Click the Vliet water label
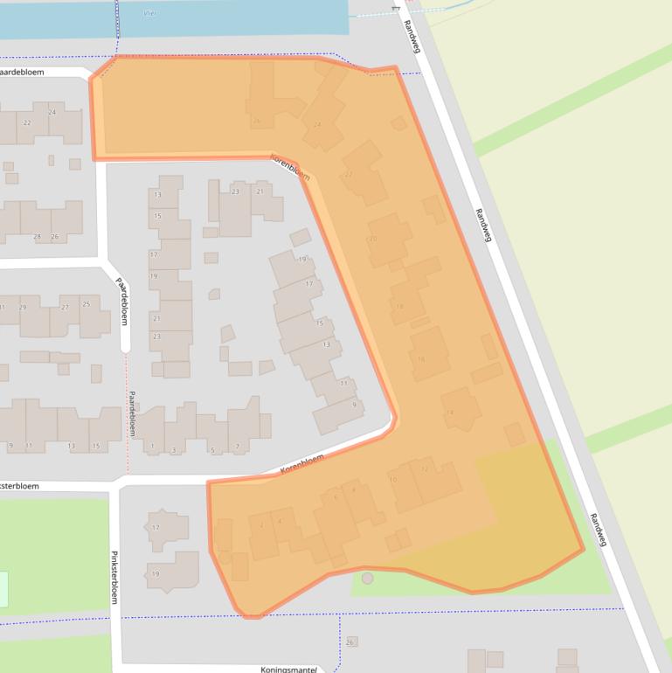pyautogui.click(x=149, y=14)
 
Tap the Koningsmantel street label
pyautogui.click(x=288, y=669)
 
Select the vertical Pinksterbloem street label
pyautogui.click(x=114, y=577)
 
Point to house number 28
pyautogui.click(x=37, y=237)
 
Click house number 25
pyautogui.click(x=86, y=303)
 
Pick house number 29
pyautogui.click(x=23, y=308)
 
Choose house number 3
pyautogui.click(x=175, y=449)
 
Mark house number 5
pyautogui.click(x=213, y=449)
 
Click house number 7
pyautogui.click(x=237, y=447)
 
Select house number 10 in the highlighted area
pyautogui.click(x=392, y=480)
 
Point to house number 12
pyautogui.click(x=425, y=469)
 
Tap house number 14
pyautogui.click(x=450, y=413)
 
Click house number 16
pyautogui.click(x=421, y=358)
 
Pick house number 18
pyautogui.click(x=399, y=306)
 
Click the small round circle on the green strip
pyautogui.click(x=367, y=578)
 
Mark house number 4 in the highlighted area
pyautogui.click(x=280, y=521)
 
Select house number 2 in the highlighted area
pyautogui.click(x=261, y=524)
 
